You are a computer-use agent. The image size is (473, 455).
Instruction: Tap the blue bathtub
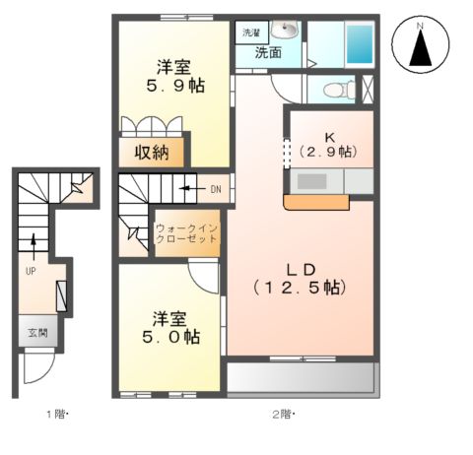pyautogui.click(x=361, y=43)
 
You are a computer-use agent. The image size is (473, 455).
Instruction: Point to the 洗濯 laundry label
pyautogui.click(x=250, y=33)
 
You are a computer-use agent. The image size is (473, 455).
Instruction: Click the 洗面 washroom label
pyautogui.click(x=267, y=52)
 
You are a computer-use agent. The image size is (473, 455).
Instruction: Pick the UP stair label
pyautogui.click(x=32, y=267)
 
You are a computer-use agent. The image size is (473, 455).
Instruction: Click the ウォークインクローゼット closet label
pyautogui.click(x=186, y=236)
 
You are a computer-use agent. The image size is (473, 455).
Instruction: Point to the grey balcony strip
pyautogui.click(x=301, y=377)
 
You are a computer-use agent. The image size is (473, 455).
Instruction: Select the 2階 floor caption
pyautogui.click(x=284, y=415)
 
